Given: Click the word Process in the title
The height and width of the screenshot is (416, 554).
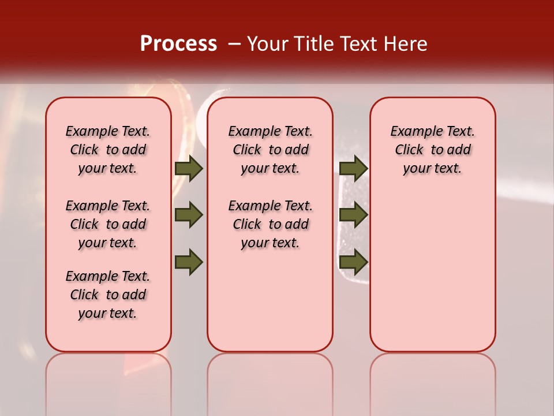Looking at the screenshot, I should pyautogui.click(x=178, y=43).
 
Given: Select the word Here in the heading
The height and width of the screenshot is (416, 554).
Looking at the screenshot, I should pyautogui.click(x=407, y=44).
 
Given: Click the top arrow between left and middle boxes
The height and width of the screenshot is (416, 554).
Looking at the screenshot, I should pyautogui.click(x=189, y=168).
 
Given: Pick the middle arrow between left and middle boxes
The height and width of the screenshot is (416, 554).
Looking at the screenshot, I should pyautogui.click(x=189, y=215).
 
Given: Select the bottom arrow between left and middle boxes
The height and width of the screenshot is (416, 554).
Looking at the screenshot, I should pyautogui.click(x=189, y=262).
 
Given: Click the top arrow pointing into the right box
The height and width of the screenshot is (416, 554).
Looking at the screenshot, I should pyautogui.click(x=353, y=168).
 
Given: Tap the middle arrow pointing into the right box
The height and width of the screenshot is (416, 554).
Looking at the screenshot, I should pyautogui.click(x=353, y=215).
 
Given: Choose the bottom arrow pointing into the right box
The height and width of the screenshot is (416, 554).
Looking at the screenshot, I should pyautogui.click(x=353, y=262).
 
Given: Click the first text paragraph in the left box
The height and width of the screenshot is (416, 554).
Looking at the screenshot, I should pyautogui.click(x=108, y=150).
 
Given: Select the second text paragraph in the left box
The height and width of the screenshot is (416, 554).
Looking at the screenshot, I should pyautogui.click(x=108, y=224).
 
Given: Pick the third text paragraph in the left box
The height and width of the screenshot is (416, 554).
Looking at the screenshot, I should pyautogui.click(x=108, y=295).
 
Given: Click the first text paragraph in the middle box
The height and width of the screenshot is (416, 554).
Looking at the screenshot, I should pyautogui.click(x=270, y=150).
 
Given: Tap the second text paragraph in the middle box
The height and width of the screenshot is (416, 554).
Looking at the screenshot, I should pyautogui.click(x=270, y=224).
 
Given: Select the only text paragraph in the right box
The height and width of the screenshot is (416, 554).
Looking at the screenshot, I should pyautogui.click(x=432, y=150).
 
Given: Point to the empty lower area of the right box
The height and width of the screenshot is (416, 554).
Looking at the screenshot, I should pyautogui.click(x=432, y=272).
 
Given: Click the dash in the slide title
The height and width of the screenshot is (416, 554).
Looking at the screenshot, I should pyautogui.click(x=234, y=44).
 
